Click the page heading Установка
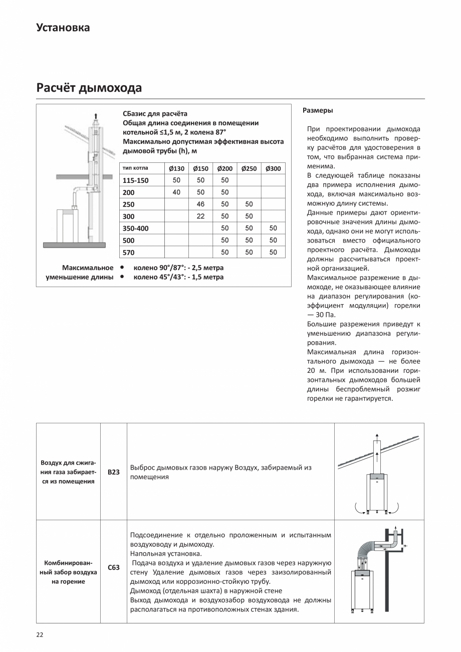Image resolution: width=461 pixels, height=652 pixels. [63, 28]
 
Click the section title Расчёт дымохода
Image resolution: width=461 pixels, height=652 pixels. [89, 88]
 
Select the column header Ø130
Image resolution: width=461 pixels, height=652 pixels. [176, 168]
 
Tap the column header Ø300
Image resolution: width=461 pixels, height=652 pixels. [273, 168]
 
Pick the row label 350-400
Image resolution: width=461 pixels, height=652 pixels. [135, 229]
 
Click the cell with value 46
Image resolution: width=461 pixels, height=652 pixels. [200, 204]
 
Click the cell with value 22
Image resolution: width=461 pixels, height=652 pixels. [200, 216]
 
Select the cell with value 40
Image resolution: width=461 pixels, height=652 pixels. [176, 192]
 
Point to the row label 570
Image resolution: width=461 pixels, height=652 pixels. [129, 253]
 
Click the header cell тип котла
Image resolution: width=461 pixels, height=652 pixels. [135, 168]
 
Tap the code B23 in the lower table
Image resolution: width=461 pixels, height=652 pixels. [114, 472]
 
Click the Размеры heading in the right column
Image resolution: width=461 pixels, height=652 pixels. [318, 110]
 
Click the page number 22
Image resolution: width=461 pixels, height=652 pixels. [40, 634]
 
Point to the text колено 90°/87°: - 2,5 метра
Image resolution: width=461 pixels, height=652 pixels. [178, 268]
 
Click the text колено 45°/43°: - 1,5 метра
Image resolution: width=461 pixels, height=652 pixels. [178, 277]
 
